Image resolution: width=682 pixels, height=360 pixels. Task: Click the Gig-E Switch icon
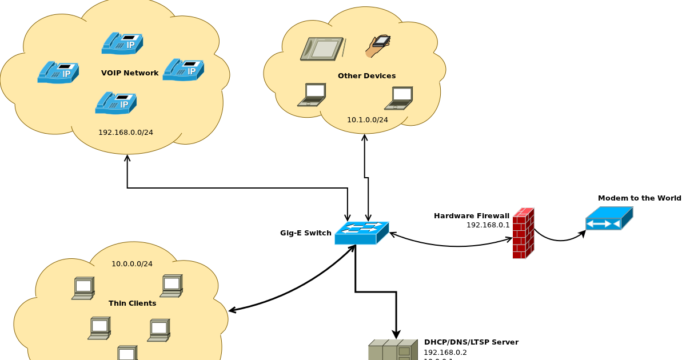[x=361, y=233]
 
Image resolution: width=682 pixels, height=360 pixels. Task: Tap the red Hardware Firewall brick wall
[x=523, y=234]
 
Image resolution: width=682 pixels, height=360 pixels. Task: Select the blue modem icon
[x=609, y=219]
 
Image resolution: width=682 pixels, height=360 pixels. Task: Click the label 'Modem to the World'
[x=639, y=198]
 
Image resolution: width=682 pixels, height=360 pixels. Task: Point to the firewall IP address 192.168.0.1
[x=488, y=225]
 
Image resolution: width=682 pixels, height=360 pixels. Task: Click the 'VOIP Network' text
[x=130, y=73]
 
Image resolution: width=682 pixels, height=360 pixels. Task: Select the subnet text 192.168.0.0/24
[x=126, y=133]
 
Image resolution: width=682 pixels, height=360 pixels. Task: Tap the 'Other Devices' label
[x=366, y=76]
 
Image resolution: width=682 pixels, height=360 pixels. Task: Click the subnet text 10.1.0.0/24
[x=367, y=120]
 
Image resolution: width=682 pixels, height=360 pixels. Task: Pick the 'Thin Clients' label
[x=132, y=303]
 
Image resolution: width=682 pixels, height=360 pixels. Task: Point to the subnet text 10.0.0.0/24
[x=132, y=264]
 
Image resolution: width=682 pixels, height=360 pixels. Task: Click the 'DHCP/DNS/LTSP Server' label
[x=471, y=342]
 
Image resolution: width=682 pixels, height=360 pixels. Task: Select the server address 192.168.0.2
[x=445, y=353]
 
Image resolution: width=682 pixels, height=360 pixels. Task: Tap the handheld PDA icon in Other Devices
[x=378, y=46]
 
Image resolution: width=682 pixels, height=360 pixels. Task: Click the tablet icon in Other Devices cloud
[x=322, y=49]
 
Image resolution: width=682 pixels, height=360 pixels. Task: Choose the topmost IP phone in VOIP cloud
[x=122, y=43]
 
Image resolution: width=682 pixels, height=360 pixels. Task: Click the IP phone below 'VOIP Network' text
[x=116, y=103]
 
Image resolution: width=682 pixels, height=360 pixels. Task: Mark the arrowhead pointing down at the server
[x=396, y=335]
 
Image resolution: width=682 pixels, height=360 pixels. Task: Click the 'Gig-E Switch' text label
[x=305, y=233]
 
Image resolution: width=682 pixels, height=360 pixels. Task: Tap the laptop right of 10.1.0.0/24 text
[x=399, y=98]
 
